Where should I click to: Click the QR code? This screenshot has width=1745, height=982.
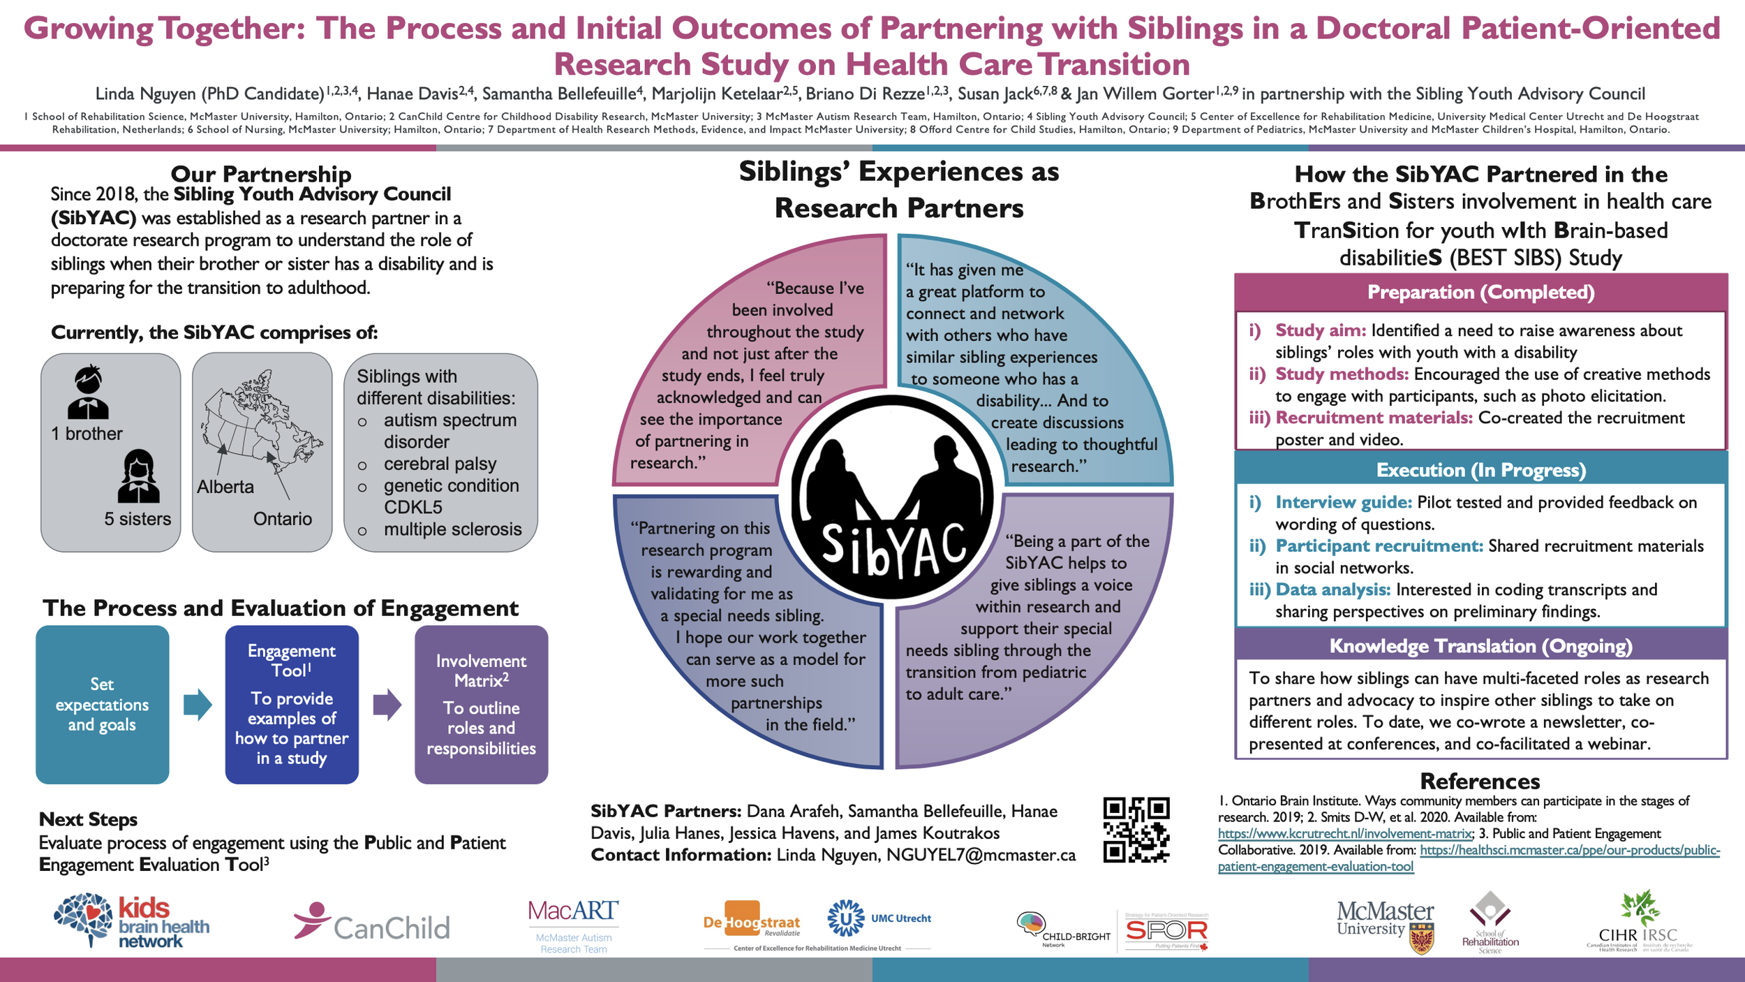pos(1136,830)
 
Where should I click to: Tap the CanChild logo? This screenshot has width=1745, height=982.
pos(372,923)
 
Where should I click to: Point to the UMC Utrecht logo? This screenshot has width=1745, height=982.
pos(879,918)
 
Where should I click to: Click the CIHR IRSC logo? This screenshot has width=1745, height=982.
pos(1638,921)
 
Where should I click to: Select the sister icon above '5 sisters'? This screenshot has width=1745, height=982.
pos(138,477)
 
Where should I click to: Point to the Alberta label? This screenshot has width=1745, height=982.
pos(225,487)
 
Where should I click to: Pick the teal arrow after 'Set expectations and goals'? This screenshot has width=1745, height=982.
pos(198,705)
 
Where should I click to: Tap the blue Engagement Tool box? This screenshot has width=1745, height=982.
pos(292,704)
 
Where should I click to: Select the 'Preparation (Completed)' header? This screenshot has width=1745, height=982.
pos(1480,292)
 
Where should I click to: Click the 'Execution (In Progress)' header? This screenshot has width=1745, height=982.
pos(1480,470)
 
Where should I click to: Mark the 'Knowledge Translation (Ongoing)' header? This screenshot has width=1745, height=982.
pos(1480,646)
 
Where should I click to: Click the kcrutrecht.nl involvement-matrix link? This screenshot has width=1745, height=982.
pos(1344,834)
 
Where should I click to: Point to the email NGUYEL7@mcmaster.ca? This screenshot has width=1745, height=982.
pos(981,855)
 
